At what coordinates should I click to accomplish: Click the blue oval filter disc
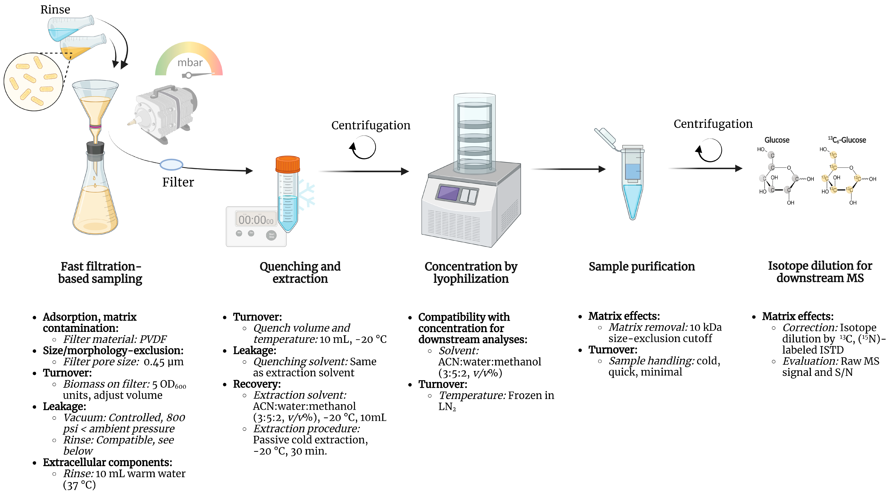click(x=171, y=164)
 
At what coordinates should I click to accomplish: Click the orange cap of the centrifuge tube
click(x=288, y=164)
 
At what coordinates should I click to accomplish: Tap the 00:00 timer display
click(x=256, y=219)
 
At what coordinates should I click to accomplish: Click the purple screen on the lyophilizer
click(x=448, y=193)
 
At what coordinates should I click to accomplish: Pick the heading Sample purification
click(x=642, y=266)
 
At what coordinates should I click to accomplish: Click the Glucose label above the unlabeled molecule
click(x=777, y=140)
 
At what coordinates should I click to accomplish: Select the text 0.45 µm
click(x=163, y=362)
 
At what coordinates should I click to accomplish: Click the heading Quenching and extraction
click(x=300, y=272)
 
